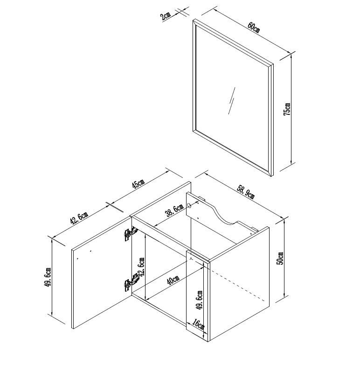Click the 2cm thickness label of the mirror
[166, 16]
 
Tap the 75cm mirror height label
[287, 109]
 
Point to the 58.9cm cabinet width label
[246, 192]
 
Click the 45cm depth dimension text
[138, 183]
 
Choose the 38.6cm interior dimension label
[174, 210]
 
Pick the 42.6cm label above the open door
[79, 218]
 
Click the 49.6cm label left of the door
[48, 277]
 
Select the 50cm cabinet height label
[280, 258]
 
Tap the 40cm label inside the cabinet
[173, 281]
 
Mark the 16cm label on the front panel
[199, 324]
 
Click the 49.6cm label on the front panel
[200, 300]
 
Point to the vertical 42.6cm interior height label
[141, 267]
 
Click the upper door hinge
[131, 233]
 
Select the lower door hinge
[131, 282]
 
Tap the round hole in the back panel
[189, 205]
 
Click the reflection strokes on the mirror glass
[232, 101]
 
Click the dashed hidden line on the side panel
[239, 285]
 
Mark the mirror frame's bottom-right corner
[273, 176]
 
